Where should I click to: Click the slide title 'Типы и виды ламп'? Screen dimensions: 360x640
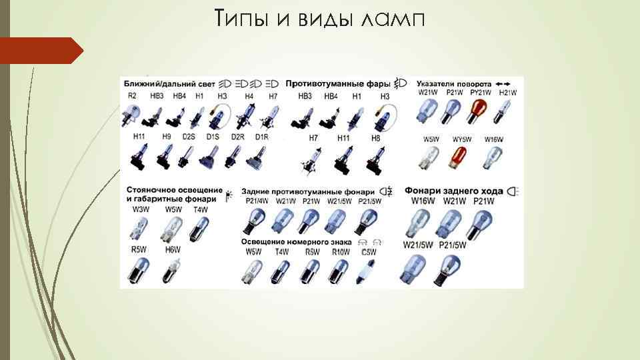pyautogui.click(x=319, y=19)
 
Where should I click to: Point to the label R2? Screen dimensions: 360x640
pyautogui.click(x=133, y=96)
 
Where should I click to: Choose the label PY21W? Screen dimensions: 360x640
pyautogui.click(x=479, y=93)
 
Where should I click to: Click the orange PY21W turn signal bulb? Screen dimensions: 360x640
pyautogui.click(x=479, y=111)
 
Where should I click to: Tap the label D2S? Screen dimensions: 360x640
pyautogui.click(x=189, y=137)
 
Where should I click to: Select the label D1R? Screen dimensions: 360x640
pyautogui.click(x=261, y=137)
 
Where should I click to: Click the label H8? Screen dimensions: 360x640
pyautogui.click(x=375, y=137)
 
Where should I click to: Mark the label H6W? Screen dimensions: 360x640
pyautogui.click(x=173, y=249)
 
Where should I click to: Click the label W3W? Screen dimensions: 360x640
pyautogui.click(x=141, y=209)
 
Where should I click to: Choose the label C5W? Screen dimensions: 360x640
pyautogui.click(x=369, y=252)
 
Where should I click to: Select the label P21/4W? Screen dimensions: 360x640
pyautogui.click(x=257, y=201)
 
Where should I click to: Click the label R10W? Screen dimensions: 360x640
pyautogui.click(x=340, y=252)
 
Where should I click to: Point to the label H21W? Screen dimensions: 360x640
pyautogui.click(x=508, y=93)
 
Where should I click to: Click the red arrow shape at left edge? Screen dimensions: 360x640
pyautogui.click(x=40, y=51)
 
